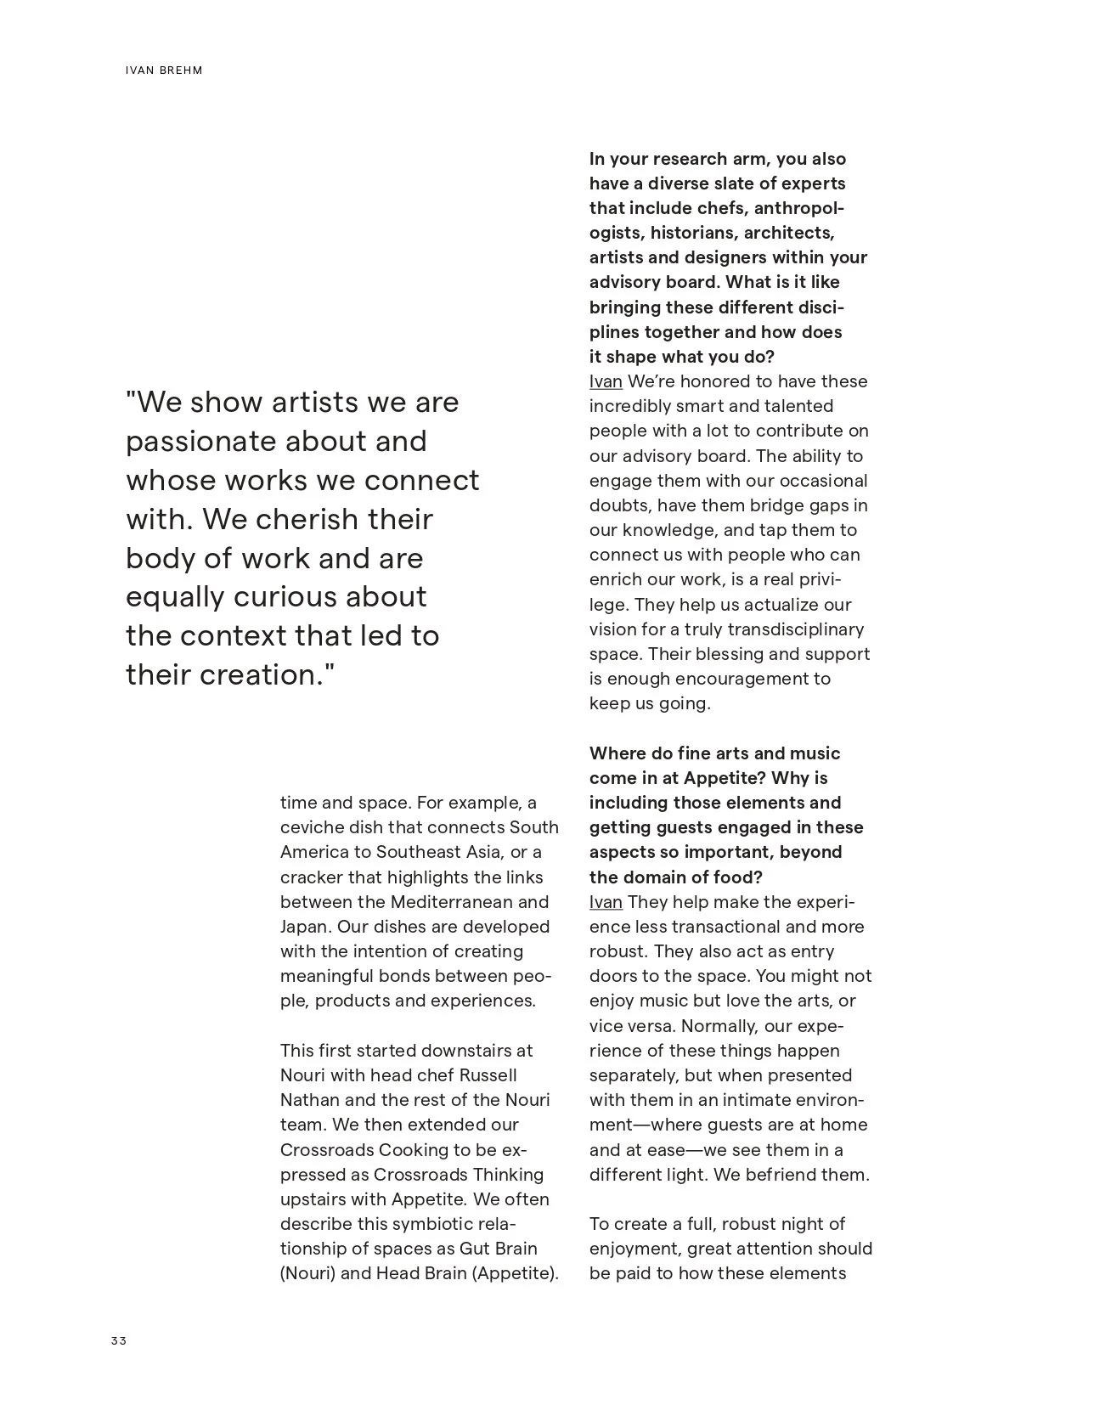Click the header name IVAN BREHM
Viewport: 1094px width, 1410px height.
164,70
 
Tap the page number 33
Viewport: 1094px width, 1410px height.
118,1341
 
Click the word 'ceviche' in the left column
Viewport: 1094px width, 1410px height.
312,827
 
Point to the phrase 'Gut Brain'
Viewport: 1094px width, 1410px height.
498,1249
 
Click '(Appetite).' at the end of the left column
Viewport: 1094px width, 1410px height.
515,1273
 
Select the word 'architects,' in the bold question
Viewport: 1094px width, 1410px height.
789,233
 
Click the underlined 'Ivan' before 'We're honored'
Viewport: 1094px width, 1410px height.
606,381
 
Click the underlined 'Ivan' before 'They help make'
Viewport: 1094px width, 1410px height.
606,902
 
